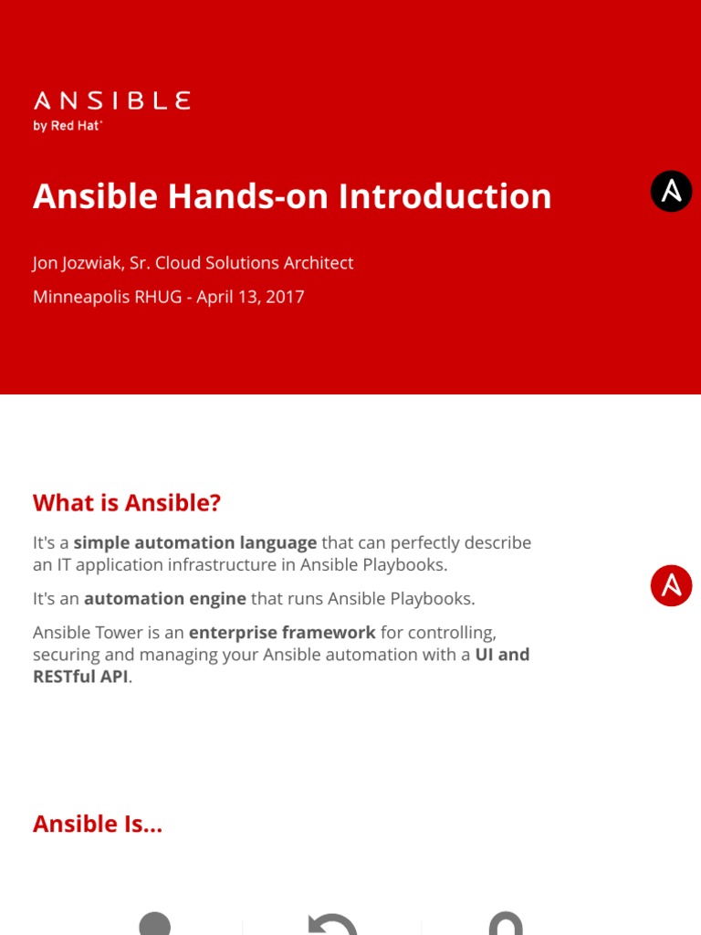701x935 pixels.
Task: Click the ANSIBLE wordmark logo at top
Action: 111,100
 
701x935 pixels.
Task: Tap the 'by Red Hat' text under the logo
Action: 68,126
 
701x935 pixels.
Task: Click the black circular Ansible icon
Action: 672,192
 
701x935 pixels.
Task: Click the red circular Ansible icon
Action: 672,585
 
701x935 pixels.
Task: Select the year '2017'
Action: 286,297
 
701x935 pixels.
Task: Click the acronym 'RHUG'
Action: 160,297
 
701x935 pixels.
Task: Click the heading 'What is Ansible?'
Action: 127,503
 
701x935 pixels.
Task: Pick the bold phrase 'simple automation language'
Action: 195,542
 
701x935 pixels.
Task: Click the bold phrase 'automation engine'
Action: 165,599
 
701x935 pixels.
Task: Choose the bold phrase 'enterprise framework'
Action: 282,632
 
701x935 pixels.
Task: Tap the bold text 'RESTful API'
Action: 80,677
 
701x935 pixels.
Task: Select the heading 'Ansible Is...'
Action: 98,824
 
